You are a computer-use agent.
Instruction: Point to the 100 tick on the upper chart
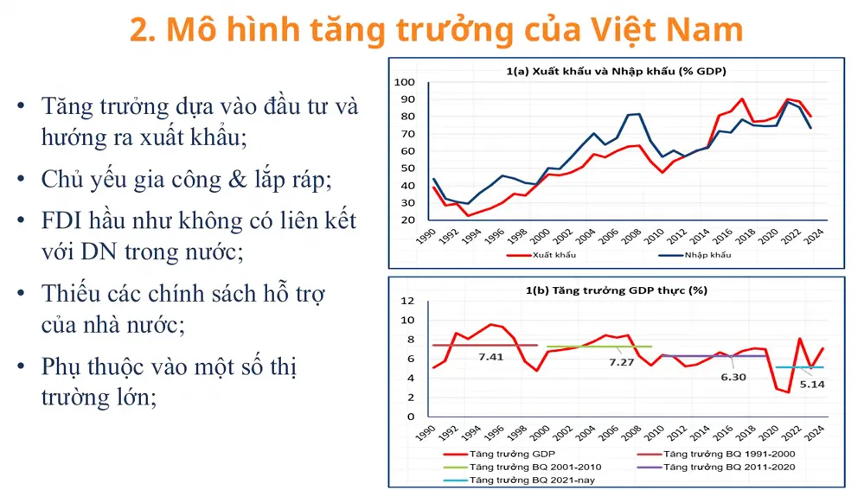point(405,83)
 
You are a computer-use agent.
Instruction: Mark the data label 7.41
point(491,356)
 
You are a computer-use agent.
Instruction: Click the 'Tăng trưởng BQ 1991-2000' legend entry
point(726,453)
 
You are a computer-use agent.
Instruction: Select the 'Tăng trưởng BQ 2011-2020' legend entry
point(726,466)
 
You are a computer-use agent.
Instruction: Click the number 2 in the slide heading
point(140,29)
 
